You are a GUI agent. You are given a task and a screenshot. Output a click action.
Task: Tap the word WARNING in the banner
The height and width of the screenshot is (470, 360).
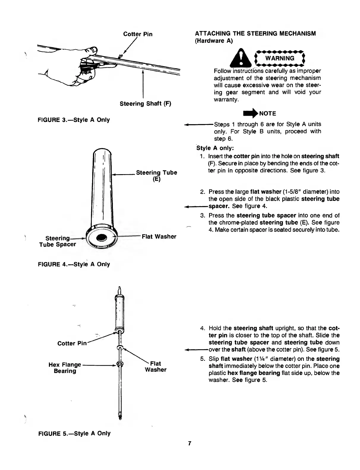point(280,58)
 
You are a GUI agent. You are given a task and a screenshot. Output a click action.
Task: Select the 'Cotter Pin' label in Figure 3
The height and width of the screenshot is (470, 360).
point(138,34)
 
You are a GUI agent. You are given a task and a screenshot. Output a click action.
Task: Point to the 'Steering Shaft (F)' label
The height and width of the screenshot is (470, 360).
point(145,104)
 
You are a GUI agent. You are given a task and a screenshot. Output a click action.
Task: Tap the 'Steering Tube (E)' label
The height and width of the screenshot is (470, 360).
point(157,176)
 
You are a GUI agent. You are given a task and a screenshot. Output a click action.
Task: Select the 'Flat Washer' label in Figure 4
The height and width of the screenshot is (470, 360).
point(159,236)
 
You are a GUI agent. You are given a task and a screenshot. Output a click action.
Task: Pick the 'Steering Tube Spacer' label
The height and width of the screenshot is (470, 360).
point(58,241)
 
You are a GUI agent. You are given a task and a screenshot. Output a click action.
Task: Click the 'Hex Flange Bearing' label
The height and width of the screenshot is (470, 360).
point(65,368)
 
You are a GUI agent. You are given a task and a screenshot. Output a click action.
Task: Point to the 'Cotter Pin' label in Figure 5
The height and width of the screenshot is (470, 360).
point(72,343)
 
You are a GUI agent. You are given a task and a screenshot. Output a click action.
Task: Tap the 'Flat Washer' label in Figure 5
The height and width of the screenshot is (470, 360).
point(155,366)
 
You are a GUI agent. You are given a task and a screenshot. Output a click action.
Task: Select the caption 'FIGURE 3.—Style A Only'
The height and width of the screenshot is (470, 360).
point(74,120)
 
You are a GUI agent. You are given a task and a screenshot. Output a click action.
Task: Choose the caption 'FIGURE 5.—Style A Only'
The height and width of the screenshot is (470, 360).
point(74,433)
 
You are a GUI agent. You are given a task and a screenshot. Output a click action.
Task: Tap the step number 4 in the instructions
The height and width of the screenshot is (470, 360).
point(202,328)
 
